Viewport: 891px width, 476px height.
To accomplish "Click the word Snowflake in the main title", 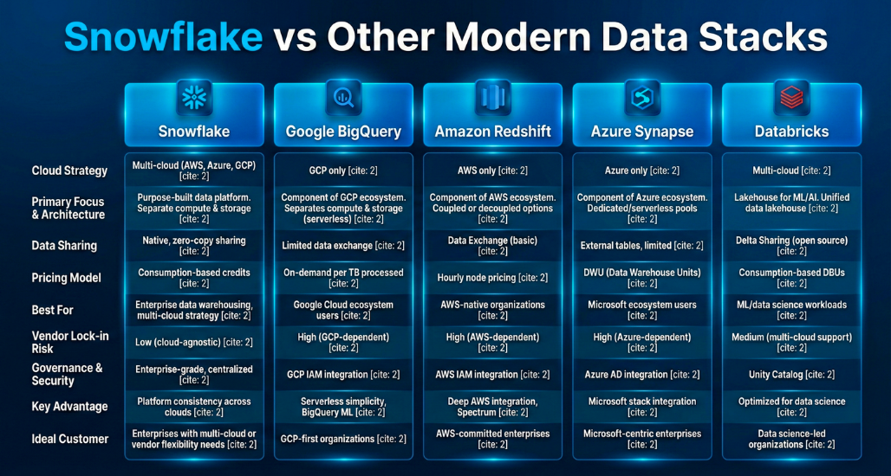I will tap(163, 37).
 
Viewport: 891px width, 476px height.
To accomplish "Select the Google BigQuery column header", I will tap(343, 132).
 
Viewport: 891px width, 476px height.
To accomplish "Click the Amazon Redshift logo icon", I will tap(492, 97).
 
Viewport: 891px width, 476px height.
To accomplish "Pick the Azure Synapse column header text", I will tap(642, 132).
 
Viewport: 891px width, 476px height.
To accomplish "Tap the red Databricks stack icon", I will tap(791, 97).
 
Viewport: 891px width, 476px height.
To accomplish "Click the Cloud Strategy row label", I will tap(69, 170).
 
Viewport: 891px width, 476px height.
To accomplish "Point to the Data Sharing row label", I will tap(64, 246).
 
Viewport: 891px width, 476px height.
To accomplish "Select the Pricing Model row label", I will tap(67, 278).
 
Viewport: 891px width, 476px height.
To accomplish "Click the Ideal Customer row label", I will tap(70, 439).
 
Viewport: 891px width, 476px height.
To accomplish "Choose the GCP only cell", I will tap(343, 170).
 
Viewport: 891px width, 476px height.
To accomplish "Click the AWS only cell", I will tap(492, 170).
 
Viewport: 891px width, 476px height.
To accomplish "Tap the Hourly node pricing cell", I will tap(492, 278).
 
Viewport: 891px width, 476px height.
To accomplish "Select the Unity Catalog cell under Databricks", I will tap(791, 375).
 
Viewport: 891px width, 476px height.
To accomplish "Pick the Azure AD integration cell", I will tap(642, 375).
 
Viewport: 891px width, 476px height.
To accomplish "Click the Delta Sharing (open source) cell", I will tap(791, 246).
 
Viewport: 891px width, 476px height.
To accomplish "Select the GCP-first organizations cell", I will tap(343, 439).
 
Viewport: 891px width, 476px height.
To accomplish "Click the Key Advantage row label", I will tap(69, 407).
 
